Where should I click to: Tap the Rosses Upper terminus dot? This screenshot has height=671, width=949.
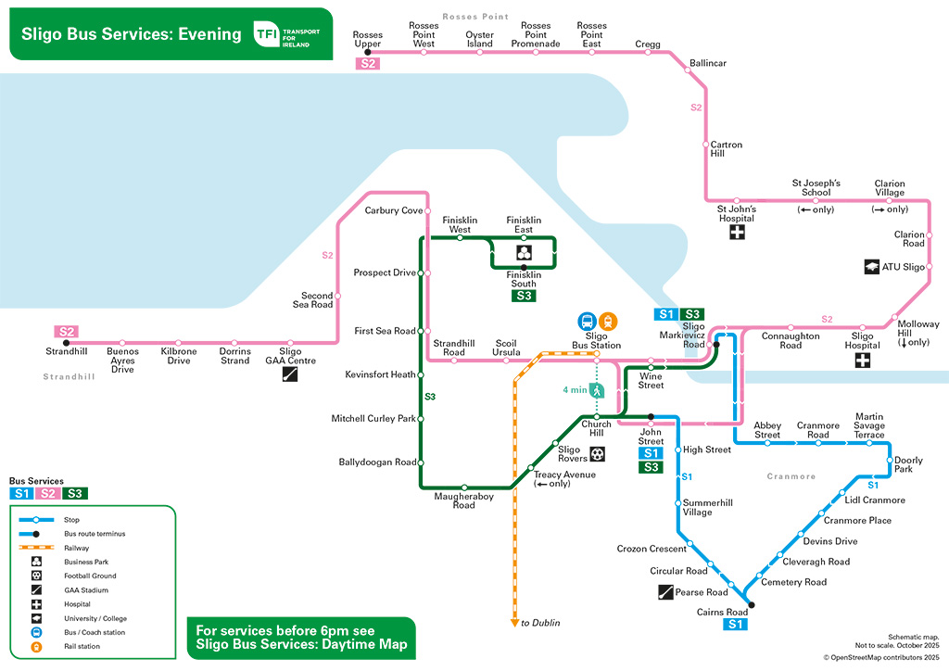(368, 52)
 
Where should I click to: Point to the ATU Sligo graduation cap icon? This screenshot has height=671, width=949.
(872, 267)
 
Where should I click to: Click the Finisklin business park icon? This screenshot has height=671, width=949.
(524, 252)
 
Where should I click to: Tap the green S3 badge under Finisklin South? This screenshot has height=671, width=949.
(524, 296)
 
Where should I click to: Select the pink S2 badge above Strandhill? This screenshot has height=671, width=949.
(66, 331)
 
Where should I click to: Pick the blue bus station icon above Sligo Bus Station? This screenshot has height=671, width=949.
(587, 321)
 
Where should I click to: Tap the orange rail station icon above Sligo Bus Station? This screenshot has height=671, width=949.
(607, 321)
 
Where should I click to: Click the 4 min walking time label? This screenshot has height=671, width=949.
(575, 390)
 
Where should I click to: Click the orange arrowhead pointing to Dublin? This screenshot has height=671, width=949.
(514, 623)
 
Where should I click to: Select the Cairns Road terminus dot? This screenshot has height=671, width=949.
(751, 605)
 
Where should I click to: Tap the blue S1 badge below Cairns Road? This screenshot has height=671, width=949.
(736, 626)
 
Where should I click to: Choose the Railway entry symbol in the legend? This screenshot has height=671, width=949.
(35, 548)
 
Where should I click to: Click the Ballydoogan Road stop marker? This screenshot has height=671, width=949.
(420, 462)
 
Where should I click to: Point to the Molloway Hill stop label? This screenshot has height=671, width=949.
(917, 333)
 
